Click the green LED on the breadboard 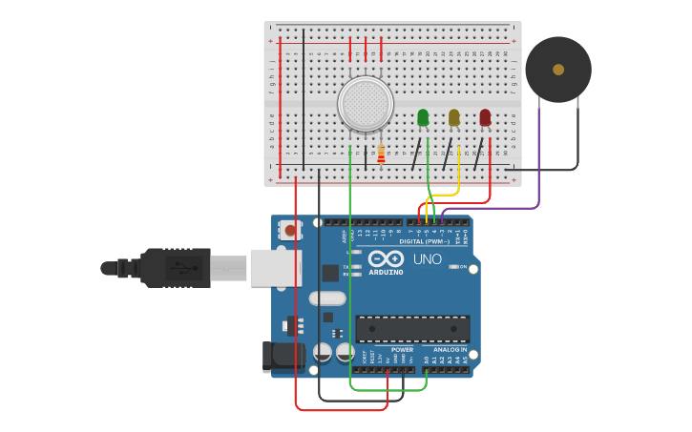[423, 117]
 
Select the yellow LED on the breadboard [454, 117]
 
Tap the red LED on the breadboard [485, 117]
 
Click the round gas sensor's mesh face [366, 104]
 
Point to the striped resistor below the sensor [381, 154]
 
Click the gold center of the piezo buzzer [558, 70]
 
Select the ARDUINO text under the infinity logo [386, 272]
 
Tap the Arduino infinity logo [386, 258]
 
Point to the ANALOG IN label [450, 350]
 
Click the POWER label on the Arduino [402, 350]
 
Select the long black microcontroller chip [412, 329]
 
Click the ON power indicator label [462, 267]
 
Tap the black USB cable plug [177, 268]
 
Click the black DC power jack [284, 356]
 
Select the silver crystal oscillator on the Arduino [326, 298]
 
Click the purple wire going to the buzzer [539, 162]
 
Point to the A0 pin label [427, 360]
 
